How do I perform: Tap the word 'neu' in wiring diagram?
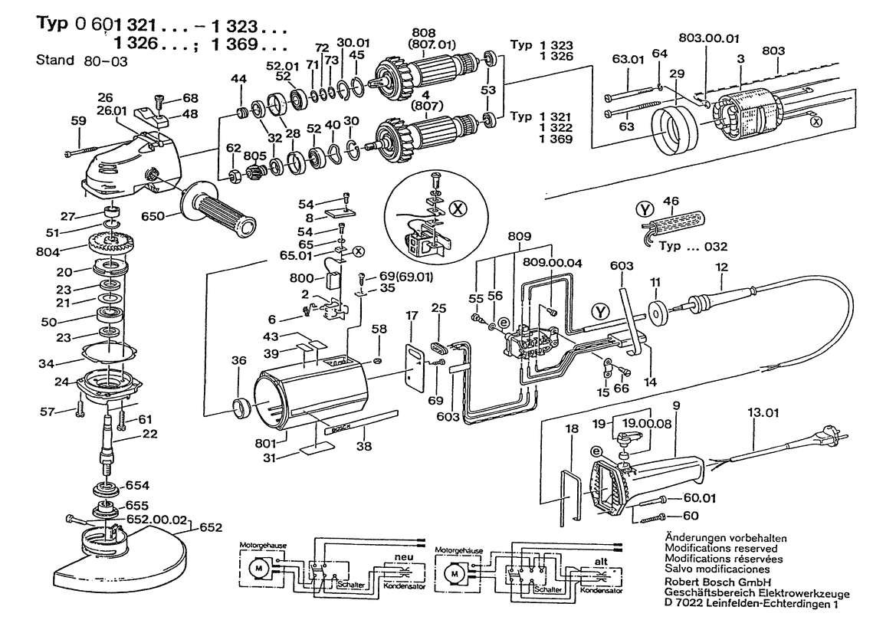coord(404,557)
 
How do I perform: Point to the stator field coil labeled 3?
coord(739,115)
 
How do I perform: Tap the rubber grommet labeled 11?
coord(657,313)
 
